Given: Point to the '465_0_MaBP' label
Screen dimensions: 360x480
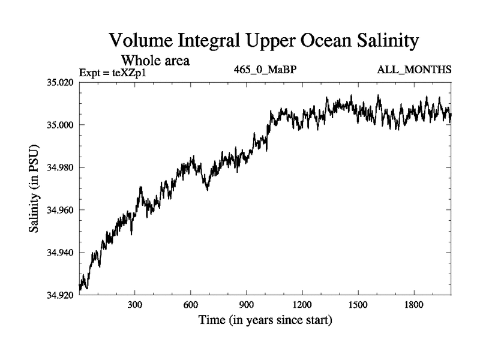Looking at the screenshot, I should (x=265, y=70).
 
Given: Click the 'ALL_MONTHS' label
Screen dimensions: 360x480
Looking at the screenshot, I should (x=414, y=70).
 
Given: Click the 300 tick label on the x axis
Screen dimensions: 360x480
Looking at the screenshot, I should (x=135, y=305).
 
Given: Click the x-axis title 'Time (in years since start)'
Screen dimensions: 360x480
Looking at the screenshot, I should (x=265, y=321).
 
